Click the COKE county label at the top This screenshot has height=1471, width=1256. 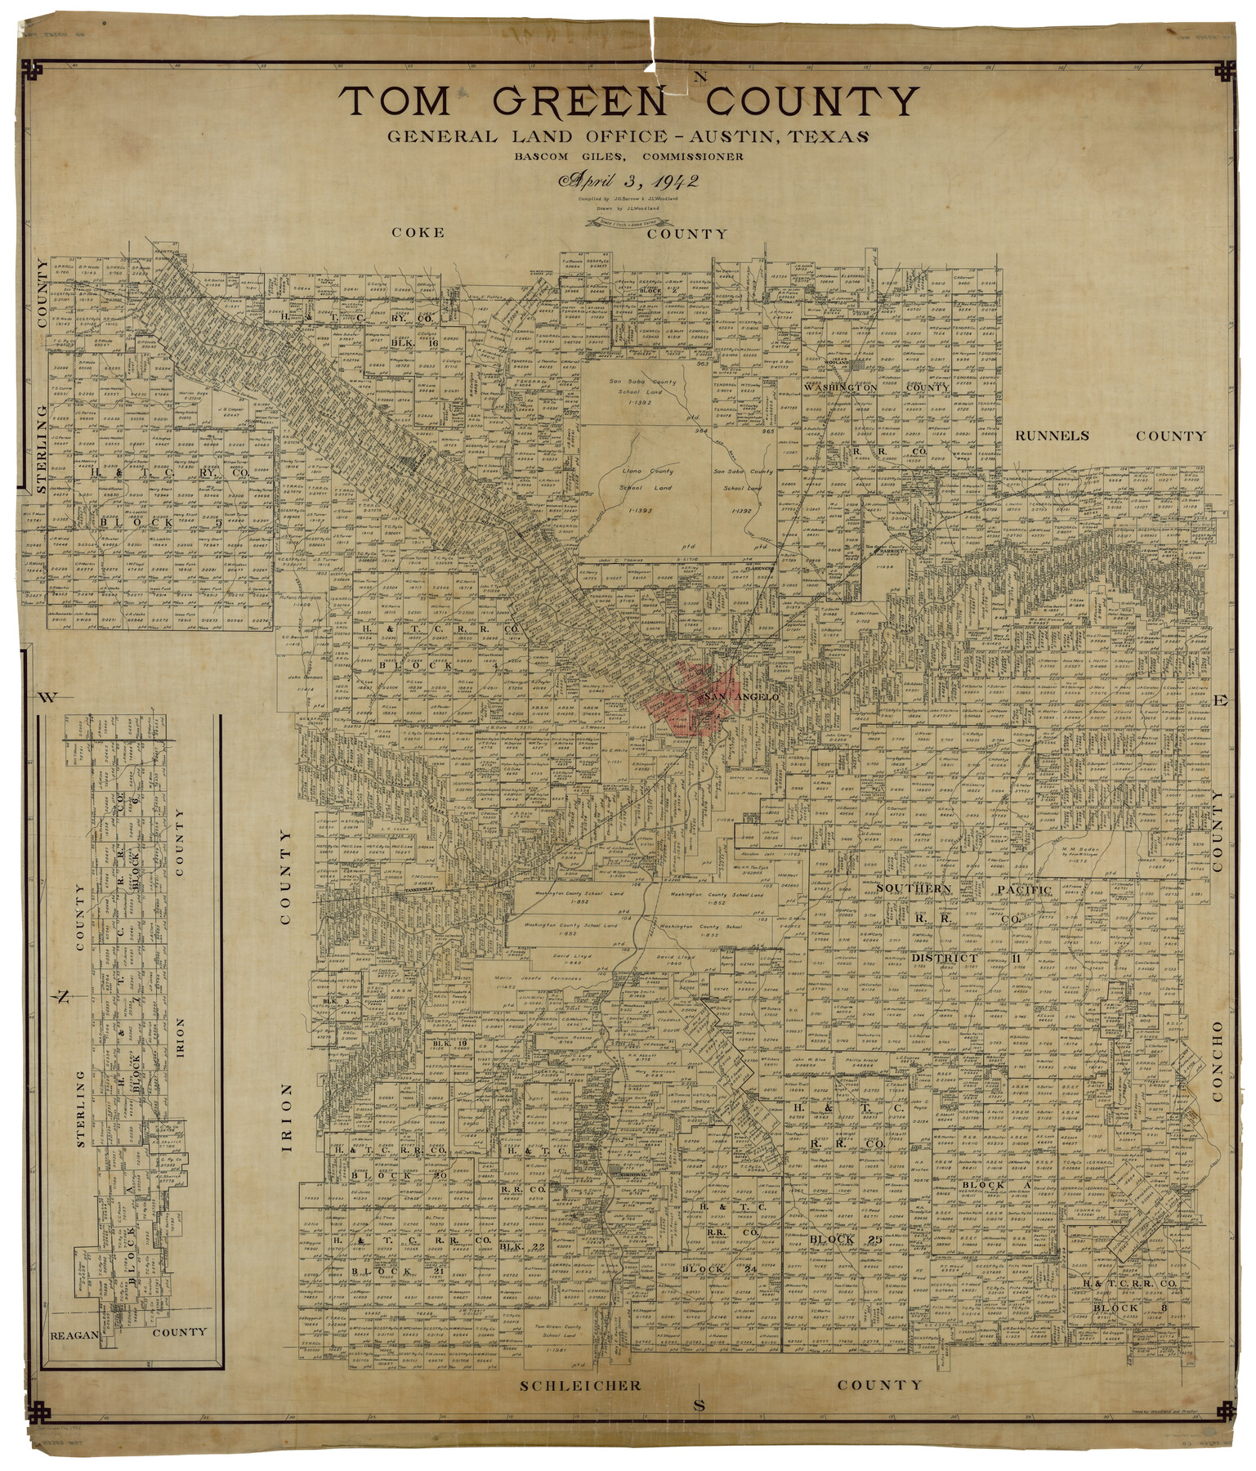pos(418,232)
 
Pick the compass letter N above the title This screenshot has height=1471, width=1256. pos(700,78)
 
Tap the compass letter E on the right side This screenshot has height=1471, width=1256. pos(1221,700)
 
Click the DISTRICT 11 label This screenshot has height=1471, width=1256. pos(957,958)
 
